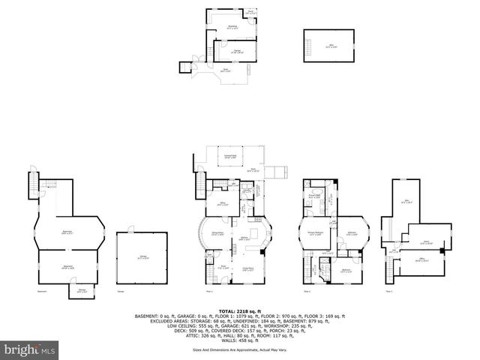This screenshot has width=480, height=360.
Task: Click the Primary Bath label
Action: (314, 197)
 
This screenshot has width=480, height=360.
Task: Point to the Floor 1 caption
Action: (209, 291)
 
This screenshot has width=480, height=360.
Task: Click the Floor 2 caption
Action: (307, 291)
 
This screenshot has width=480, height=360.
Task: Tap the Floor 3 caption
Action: (389, 291)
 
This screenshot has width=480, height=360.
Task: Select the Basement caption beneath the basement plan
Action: (43, 291)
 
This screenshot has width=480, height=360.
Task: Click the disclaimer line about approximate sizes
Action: (239, 349)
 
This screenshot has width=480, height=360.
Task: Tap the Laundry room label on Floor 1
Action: (245, 190)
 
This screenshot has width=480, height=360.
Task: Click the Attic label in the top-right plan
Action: (328, 45)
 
